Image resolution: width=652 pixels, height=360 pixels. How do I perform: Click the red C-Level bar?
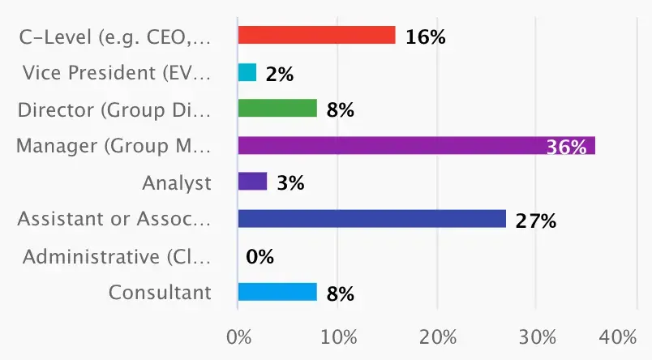pyautogui.click(x=316, y=36)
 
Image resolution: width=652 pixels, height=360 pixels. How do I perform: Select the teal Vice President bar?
pyautogui.click(x=247, y=73)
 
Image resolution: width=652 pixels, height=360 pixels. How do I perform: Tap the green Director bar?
pyautogui.click(x=277, y=109)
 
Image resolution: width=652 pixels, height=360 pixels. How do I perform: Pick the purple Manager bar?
pyautogui.click(x=416, y=146)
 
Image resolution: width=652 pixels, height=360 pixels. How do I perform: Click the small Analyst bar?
pyautogui.click(x=252, y=182)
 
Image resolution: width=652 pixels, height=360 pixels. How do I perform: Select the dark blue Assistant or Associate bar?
pyautogui.click(x=371, y=219)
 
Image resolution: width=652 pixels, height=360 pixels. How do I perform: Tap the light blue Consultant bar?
pyautogui.click(x=277, y=292)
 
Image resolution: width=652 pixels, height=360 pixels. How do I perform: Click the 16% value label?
pyautogui.click(x=425, y=37)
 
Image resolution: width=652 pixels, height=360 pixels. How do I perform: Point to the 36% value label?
pyautogui.click(x=566, y=147)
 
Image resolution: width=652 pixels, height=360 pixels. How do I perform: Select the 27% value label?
pyautogui.click(x=535, y=220)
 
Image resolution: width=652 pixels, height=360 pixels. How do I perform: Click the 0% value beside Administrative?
pyautogui.click(x=260, y=257)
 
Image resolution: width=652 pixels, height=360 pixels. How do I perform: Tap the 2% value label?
pyautogui.click(x=279, y=75)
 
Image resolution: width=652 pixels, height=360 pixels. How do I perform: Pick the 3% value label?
pyautogui.click(x=290, y=183)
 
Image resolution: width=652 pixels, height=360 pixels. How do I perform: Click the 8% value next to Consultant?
pyautogui.click(x=340, y=294)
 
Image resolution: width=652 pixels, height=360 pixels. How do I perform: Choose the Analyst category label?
pyautogui.click(x=177, y=183)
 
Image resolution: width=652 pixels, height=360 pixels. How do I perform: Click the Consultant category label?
pyautogui.click(x=160, y=293)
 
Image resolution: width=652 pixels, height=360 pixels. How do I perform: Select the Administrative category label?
pyautogui.click(x=117, y=257)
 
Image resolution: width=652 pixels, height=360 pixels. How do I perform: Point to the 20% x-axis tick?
pyautogui.click(x=438, y=336)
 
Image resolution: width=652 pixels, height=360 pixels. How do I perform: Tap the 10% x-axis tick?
pyautogui.click(x=338, y=336)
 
